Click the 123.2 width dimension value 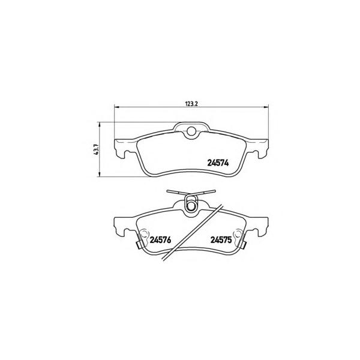[191, 104]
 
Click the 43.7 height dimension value [96, 149]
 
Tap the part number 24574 [218, 163]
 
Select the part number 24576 [160, 240]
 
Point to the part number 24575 [221, 240]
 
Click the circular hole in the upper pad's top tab [191, 131]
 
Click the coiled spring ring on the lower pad [191, 204]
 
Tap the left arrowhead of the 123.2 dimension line [116, 107]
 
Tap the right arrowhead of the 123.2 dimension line [266, 107]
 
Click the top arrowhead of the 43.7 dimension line [100, 125]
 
